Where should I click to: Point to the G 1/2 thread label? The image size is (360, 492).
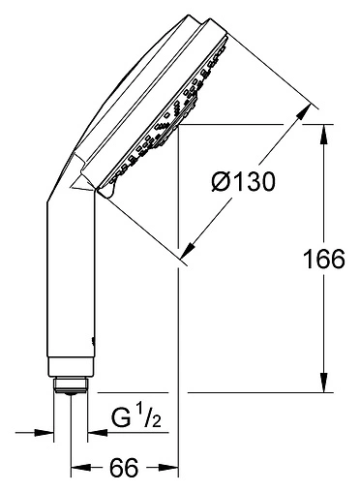(134, 420)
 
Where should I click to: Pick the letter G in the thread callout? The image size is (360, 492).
(120, 421)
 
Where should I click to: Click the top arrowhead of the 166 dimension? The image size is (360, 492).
(322, 130)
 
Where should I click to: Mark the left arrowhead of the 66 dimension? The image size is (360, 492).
(77, 469)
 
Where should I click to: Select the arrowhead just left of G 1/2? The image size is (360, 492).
(97, 433)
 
